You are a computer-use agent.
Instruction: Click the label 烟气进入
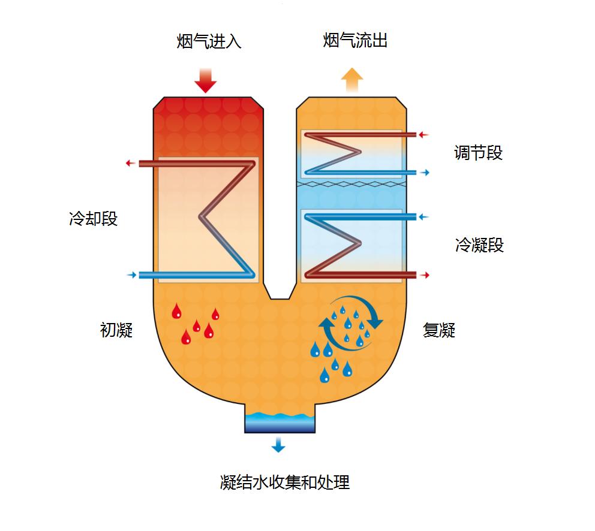click(x=209, y=42)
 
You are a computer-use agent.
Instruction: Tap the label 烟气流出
click(x=355, y=41)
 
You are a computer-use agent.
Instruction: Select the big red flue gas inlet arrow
click(x=205, y=80)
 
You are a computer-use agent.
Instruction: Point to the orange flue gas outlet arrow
click(x=352, y=79)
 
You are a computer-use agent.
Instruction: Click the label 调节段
click(x=478, y=153)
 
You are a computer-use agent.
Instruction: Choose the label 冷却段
click(x=93, y=219)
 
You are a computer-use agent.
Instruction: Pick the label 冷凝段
click(x=479, y=245)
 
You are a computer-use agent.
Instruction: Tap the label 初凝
click(x=116, y=330)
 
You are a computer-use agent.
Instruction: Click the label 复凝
click(x=439, y=330)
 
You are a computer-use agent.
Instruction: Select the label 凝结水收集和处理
click(x=285, y=482)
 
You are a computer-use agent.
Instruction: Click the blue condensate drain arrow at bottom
click(x=278, y=444)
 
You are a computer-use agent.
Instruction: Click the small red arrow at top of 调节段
click(x=424, y=135)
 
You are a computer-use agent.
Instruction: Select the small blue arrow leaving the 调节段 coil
click(x=424, y=173)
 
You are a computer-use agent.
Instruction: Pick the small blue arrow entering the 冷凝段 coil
click(x=424, y=217)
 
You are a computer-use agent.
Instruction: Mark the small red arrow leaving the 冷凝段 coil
click(x=424, y=275)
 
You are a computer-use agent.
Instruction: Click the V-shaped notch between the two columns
click(x=280, y=290)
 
